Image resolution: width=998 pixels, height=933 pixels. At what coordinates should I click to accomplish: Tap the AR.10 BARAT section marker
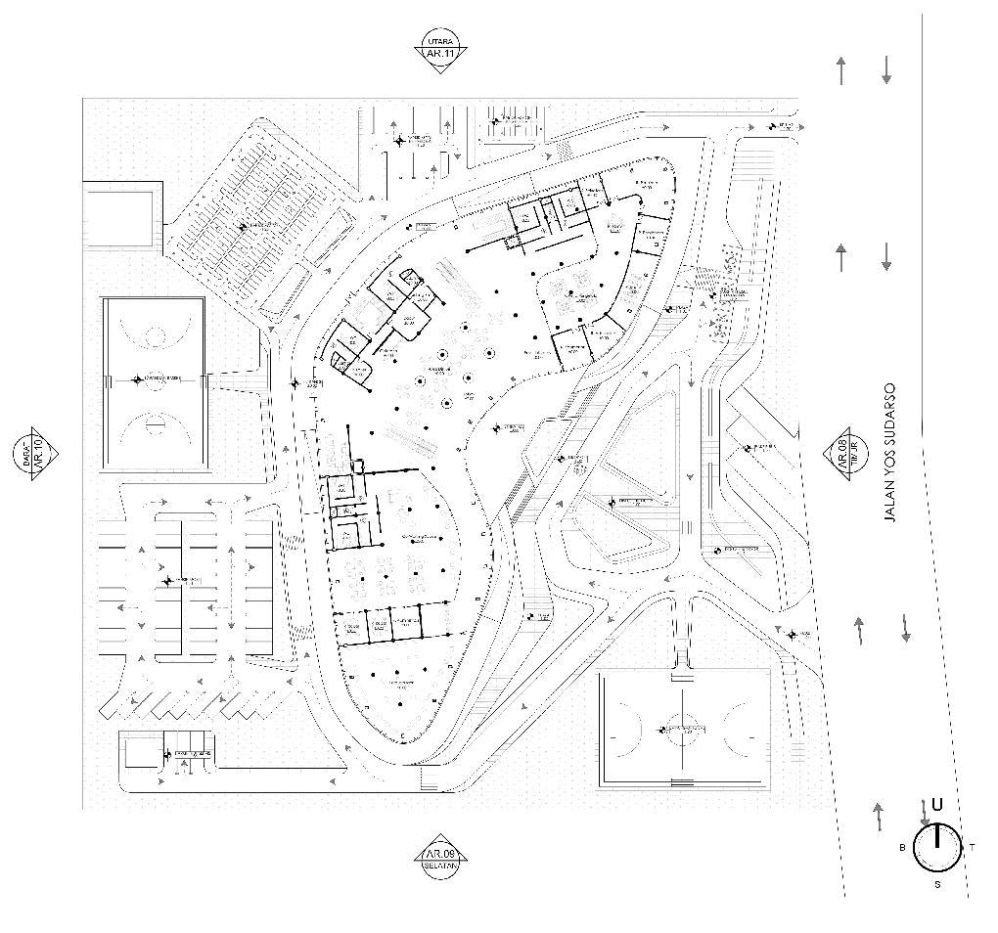(36, 453)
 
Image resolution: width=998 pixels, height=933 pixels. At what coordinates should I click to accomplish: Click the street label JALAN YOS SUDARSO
(890, 453)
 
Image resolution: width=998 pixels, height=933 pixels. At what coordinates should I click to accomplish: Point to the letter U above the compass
(937, 805)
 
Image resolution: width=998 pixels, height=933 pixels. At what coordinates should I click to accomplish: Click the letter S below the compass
(937, 885)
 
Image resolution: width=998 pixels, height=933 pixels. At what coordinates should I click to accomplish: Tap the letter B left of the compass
(902, 848)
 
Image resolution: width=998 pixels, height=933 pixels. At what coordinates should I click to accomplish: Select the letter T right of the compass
(972, 847)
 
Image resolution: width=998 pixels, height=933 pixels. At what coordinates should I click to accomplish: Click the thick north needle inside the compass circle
(936, 837)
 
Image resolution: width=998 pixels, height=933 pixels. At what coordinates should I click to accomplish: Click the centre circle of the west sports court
(154, 378)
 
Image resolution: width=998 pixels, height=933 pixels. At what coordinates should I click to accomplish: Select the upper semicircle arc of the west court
(155, 334)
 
